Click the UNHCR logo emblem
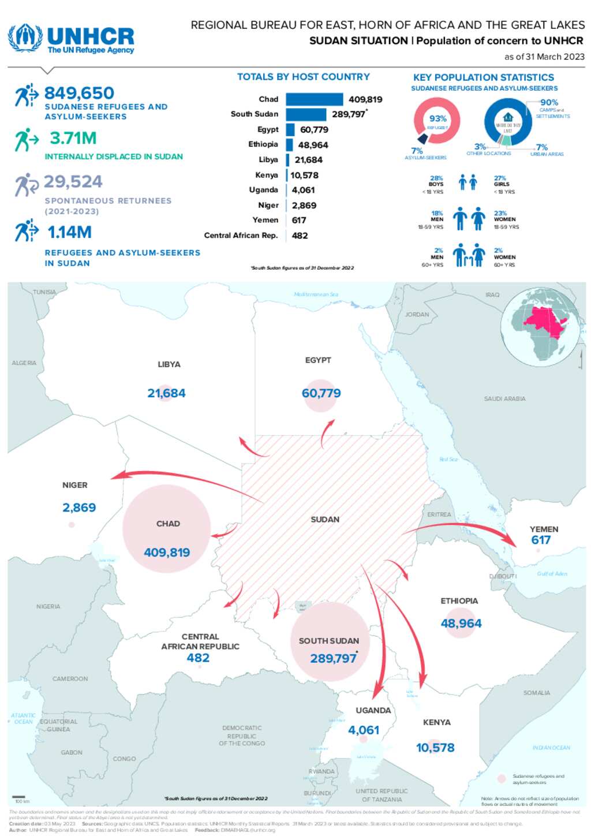(25, 38)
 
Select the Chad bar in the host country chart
(314, 99)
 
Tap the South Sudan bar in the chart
(305, 114)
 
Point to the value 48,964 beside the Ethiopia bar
(313, 145)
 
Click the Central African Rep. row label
(241, 236)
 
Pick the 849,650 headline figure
(79, 93)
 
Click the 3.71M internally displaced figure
(73, 139)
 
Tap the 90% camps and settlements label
(549, 103)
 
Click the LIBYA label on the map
(169, 364)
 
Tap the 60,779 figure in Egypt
(321, 393)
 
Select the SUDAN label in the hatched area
(325, 520)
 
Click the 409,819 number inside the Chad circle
(167, 553)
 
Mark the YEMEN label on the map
(544, 529)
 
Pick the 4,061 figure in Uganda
(364, 730)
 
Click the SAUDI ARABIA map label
(504, 399)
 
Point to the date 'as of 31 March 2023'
(544, 57)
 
